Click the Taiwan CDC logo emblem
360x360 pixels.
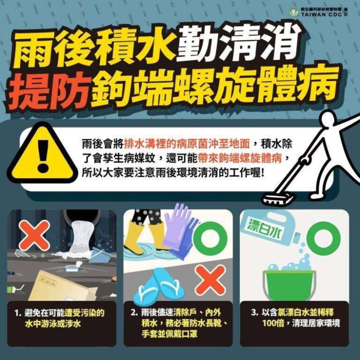point(294,12)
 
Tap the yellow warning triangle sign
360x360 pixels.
point(43,155)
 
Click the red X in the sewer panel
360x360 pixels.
point(34,235)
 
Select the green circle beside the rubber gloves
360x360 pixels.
point(210,239)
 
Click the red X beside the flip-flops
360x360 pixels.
point(211,280)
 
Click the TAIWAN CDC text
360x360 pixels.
point(322,15)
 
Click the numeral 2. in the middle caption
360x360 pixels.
point(134,312)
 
